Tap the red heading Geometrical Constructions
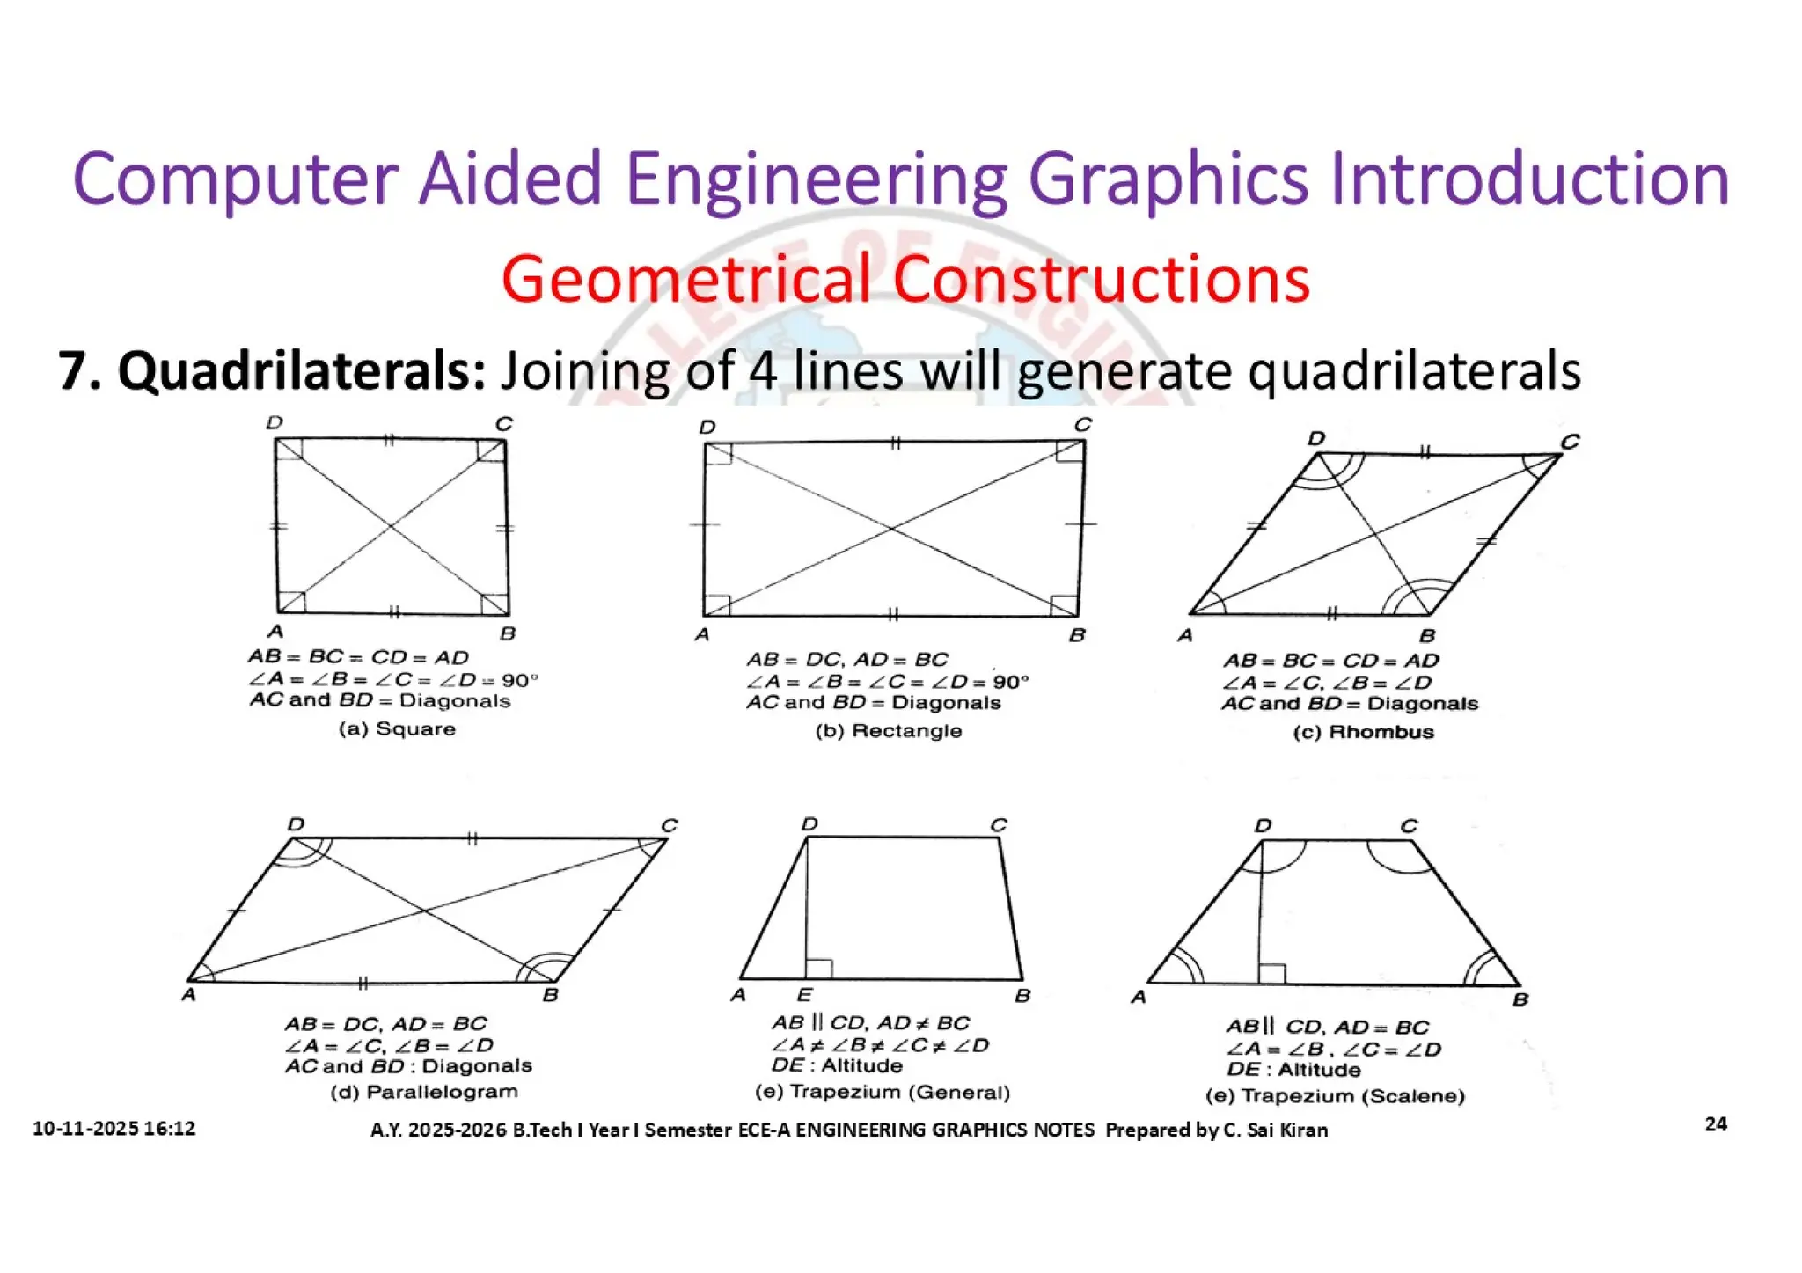point(905,279)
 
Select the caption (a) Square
point(397,729)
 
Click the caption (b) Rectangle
point(888,731)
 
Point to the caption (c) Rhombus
point(1363,732)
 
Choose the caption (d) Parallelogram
point(424,1093)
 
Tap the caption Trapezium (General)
point(899,1093)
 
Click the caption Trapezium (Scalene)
point(1352,1096)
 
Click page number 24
point(1715,1124)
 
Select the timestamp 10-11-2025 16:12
point(114,1129)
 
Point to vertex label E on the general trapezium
point(804,995)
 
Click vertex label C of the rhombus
point(1570,442)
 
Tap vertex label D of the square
point(275,424)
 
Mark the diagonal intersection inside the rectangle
point(891,529)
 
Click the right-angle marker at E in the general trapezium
point(818,969)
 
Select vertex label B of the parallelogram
point(551,995)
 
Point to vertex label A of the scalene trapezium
point(1139,998)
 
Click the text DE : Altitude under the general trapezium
point(837,1066)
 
